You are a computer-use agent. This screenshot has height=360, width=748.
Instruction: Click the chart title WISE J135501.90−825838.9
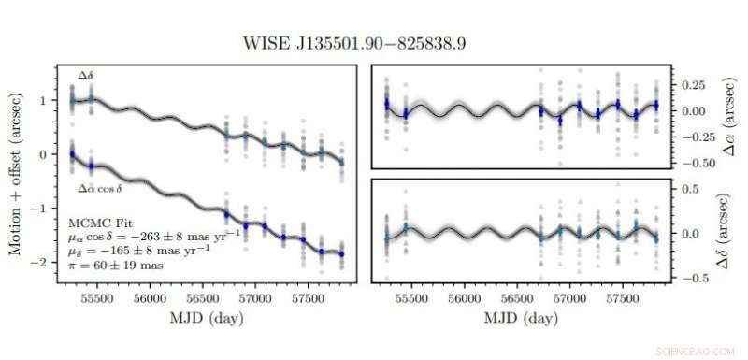tap(374, 44)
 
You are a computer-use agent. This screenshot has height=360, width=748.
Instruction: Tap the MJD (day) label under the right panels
tap(523, 319)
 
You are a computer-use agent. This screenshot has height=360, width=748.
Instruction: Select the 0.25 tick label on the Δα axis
tap(690, 85)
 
